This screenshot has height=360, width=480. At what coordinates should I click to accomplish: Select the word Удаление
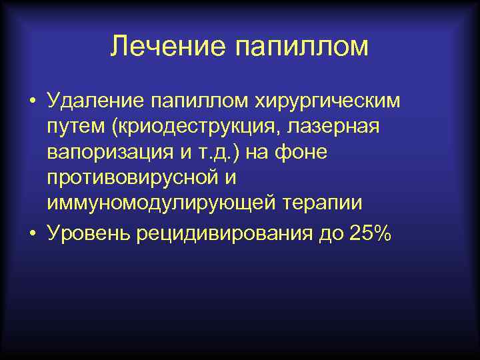[x=96, y=101]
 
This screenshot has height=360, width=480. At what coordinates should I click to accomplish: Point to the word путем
[x=73, y=127]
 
